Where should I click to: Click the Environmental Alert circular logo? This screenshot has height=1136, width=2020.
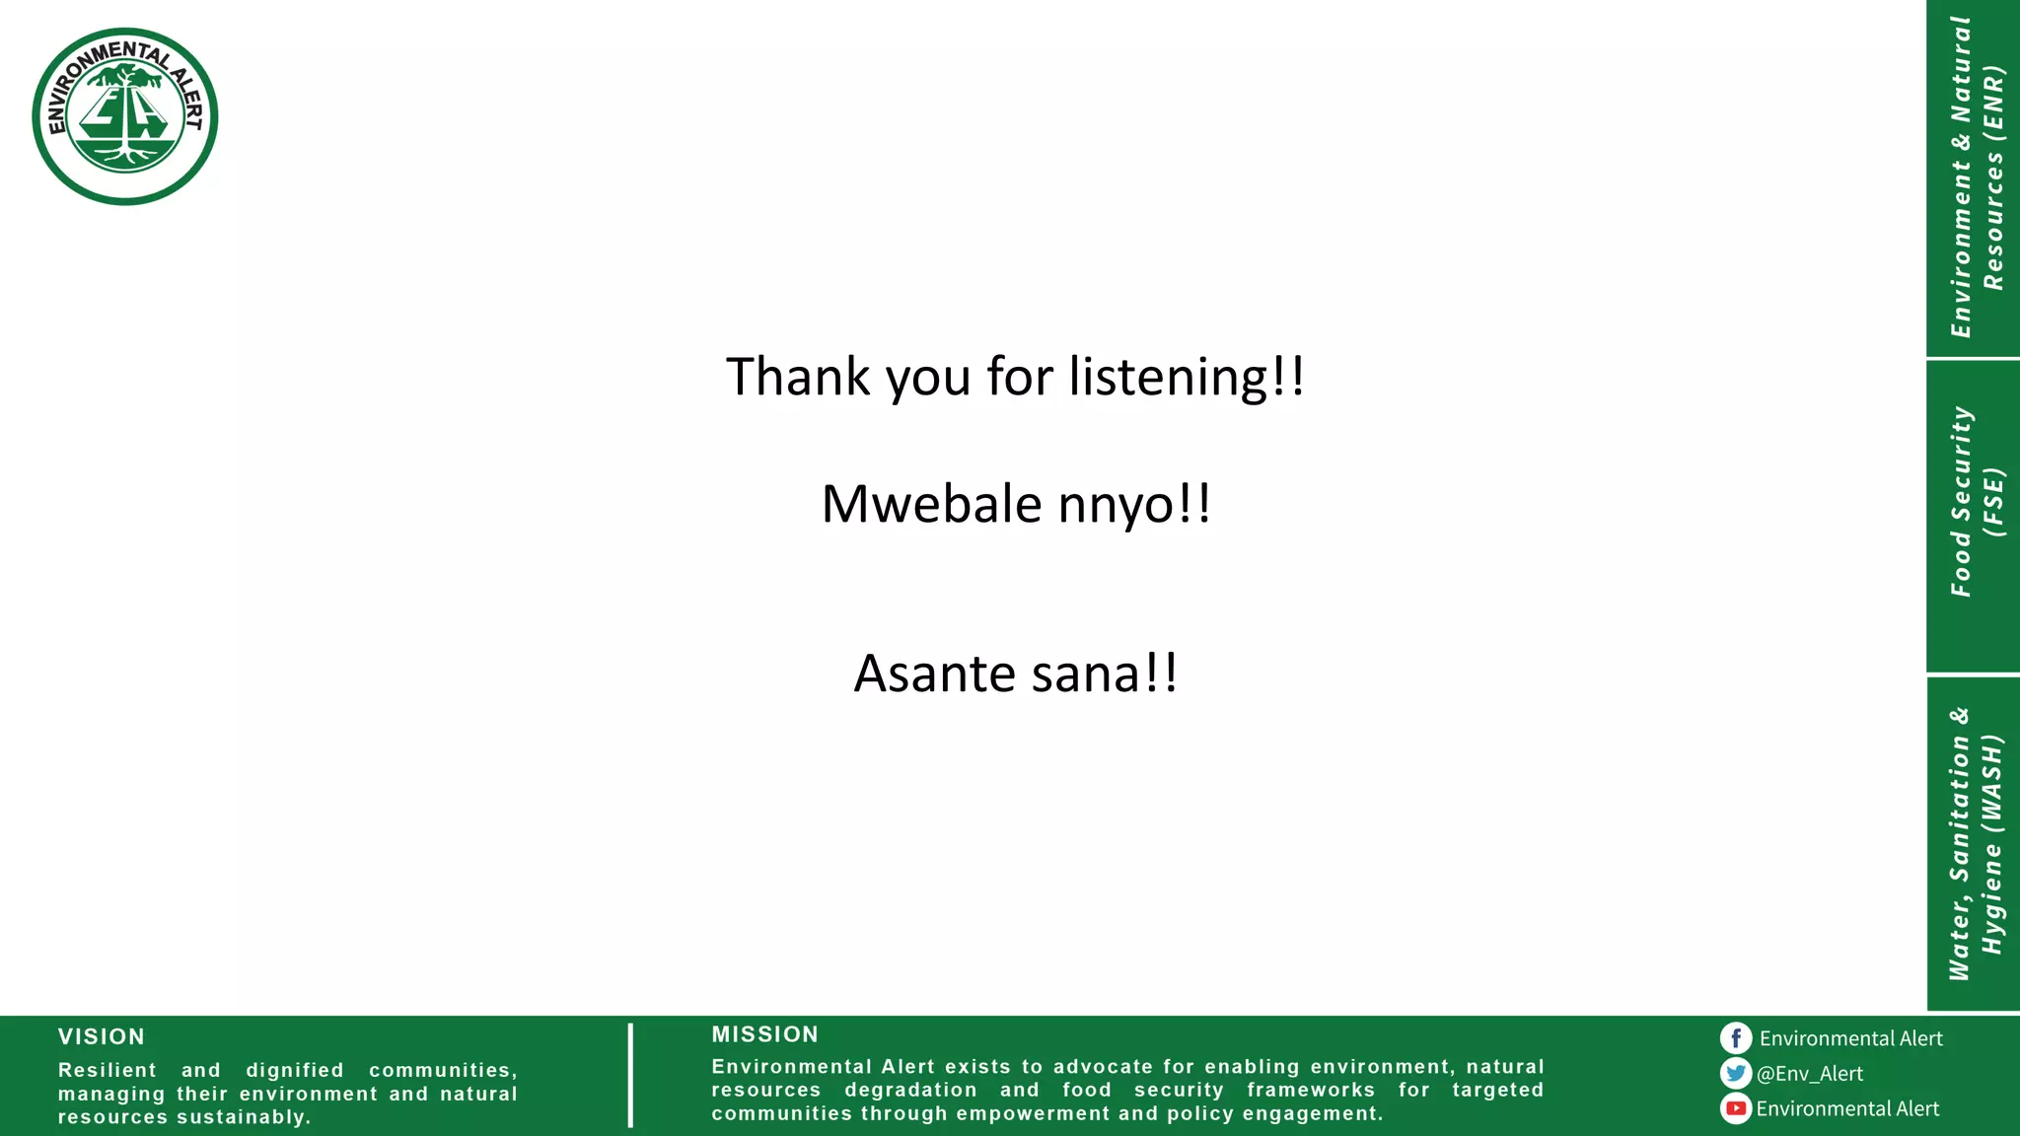pos(125,116)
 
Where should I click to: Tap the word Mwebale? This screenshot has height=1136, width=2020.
pos(931,505)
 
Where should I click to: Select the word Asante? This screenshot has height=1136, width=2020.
pos(934,674)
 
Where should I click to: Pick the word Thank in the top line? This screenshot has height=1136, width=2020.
pos(798,378)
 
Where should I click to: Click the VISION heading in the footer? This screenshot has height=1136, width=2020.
pos(102,1037)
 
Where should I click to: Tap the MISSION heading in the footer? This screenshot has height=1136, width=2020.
pos(765,1034)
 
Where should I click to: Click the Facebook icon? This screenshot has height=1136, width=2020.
pos(1736,1038)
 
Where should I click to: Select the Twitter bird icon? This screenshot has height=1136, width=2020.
pos(1736,1073)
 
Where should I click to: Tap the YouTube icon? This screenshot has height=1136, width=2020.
pos(1736,1108)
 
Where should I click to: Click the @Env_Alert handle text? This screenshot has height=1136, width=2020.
pos(1810,1074)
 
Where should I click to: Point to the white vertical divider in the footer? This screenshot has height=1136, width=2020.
pos(630,1075)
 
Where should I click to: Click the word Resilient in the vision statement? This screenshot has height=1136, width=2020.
pos(108,1070)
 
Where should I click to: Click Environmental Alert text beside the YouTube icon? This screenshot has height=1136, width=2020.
pos(1847,1109)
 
